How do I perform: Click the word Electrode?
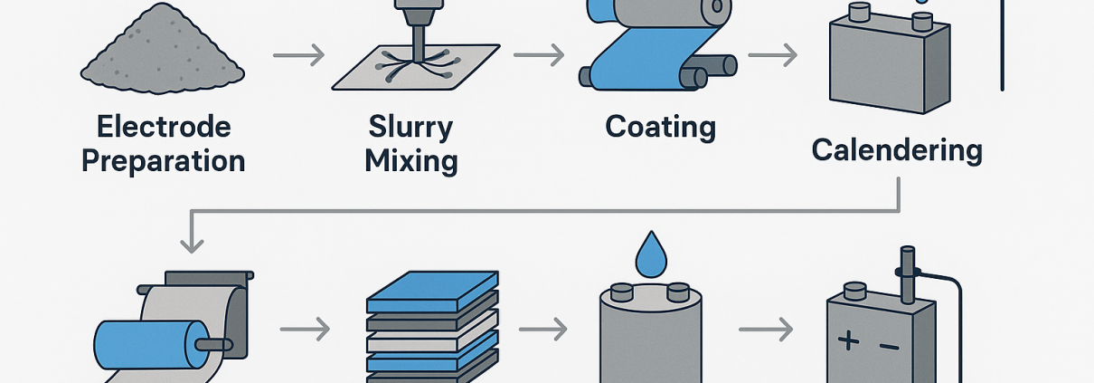pos(164,127)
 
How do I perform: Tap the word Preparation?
pos(164,161)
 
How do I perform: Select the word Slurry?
pos(410,127)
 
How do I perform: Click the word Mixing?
pos(410,162)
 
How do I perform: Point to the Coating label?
pos(660,127)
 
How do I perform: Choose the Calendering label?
pos(897,149)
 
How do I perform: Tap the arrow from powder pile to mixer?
pos(298,56)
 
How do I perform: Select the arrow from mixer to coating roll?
pos(539,56)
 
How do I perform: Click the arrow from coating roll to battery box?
pos(773,56)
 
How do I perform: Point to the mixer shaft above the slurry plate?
pos(420,36)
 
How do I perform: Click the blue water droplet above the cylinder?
pos(649,255)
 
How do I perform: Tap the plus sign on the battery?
pos(848,342)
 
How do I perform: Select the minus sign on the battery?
pos(890,344)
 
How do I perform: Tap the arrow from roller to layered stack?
pos(305,330)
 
